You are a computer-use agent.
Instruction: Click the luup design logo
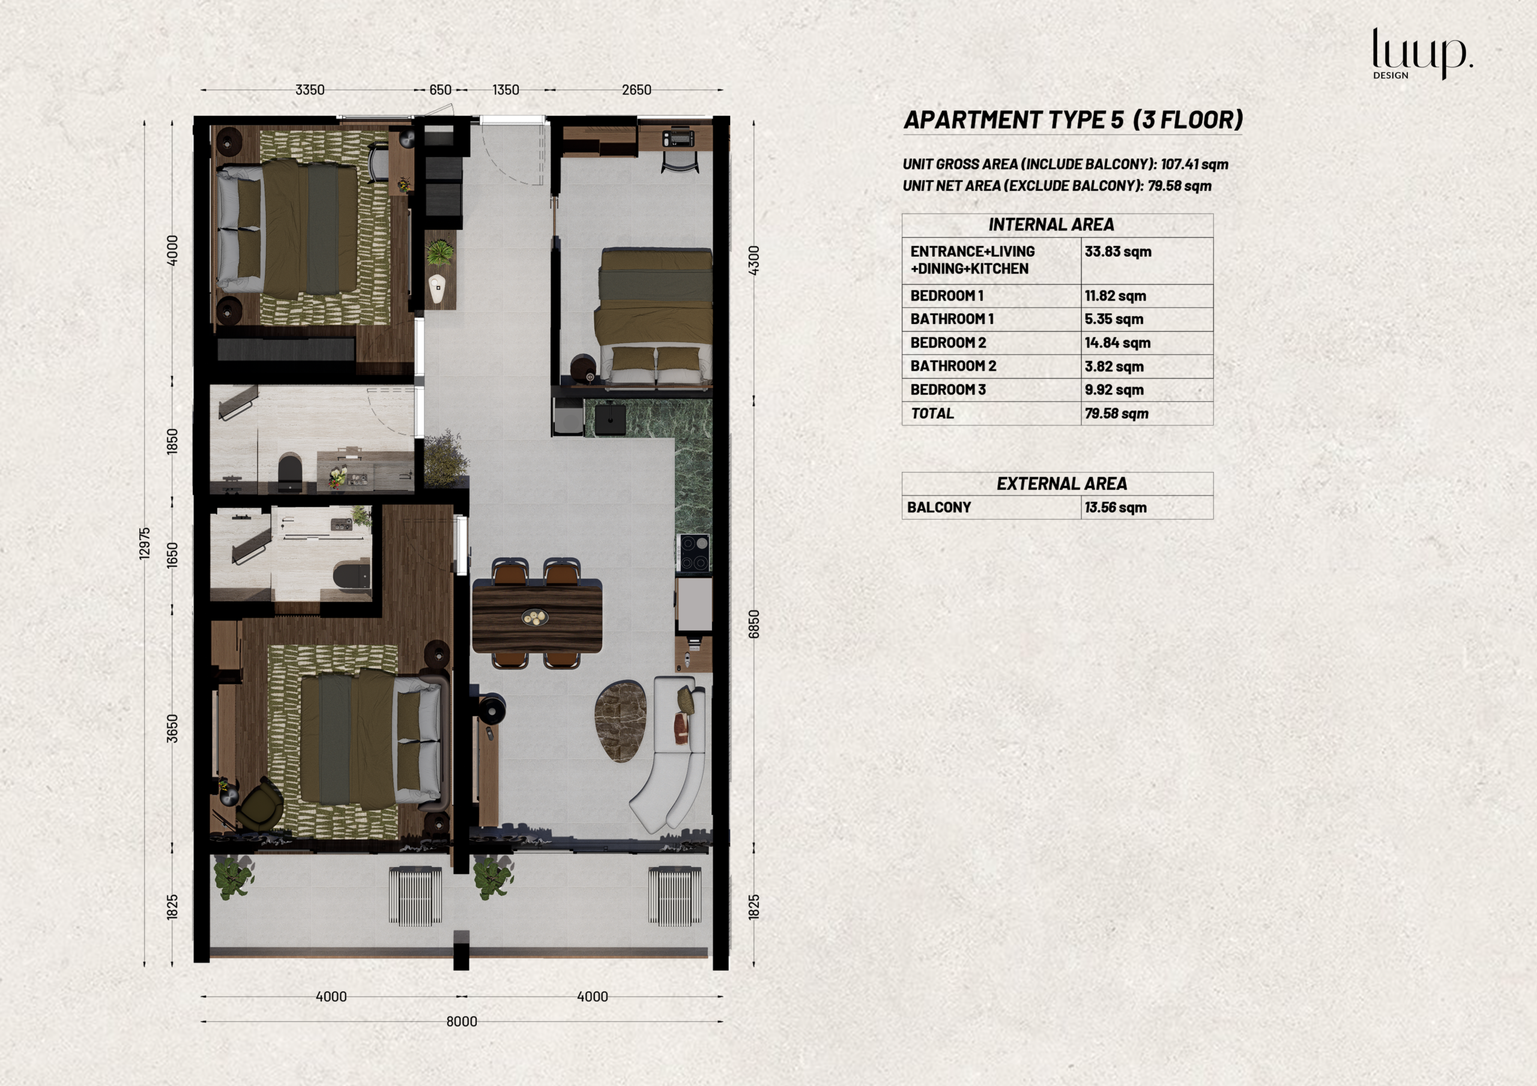coord(1422,53)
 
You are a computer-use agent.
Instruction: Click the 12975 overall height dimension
coord(145,542)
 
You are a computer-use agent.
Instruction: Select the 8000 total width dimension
coord(462,1022)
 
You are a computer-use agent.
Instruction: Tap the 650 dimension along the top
coord(441,89)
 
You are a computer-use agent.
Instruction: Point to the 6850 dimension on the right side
coord(753,623)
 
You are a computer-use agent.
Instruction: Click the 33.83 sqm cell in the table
coord(1118,251)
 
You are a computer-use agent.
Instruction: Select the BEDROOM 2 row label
coord(948,343)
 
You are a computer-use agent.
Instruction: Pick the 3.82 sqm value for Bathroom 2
coord(1114,367)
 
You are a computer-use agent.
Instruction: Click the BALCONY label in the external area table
coord(938,507)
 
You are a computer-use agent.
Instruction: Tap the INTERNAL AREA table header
coord(1051,225)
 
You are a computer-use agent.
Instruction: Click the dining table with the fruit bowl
coord(537,616)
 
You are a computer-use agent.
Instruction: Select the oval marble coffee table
coord(621,721)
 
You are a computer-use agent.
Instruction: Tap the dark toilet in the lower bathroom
coord(352,575)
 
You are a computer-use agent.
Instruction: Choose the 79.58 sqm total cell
coord(1116,413)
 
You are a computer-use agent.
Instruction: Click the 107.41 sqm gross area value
coord(1194,164)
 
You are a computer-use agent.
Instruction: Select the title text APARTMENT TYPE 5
coord(1013,120)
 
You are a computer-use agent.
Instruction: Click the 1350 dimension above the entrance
coord(506,89)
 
